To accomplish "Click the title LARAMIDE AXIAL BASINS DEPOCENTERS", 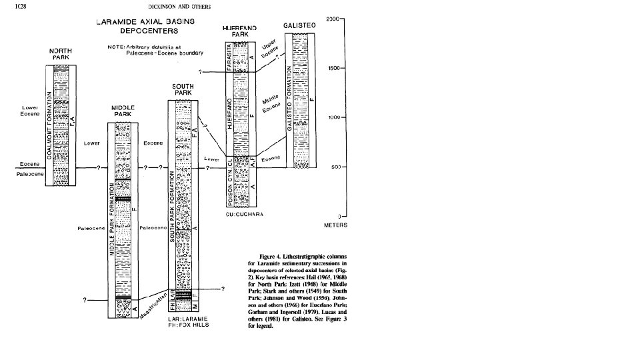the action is coord(149,26).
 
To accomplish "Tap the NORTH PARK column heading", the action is coord(61,54).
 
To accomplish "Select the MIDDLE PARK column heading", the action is coord(121,111).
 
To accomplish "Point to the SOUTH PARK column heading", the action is coord(183,90).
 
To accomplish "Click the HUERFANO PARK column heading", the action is coord(239,31).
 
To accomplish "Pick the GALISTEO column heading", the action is coord(297,25).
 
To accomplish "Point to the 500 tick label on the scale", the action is coord(336,167).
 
